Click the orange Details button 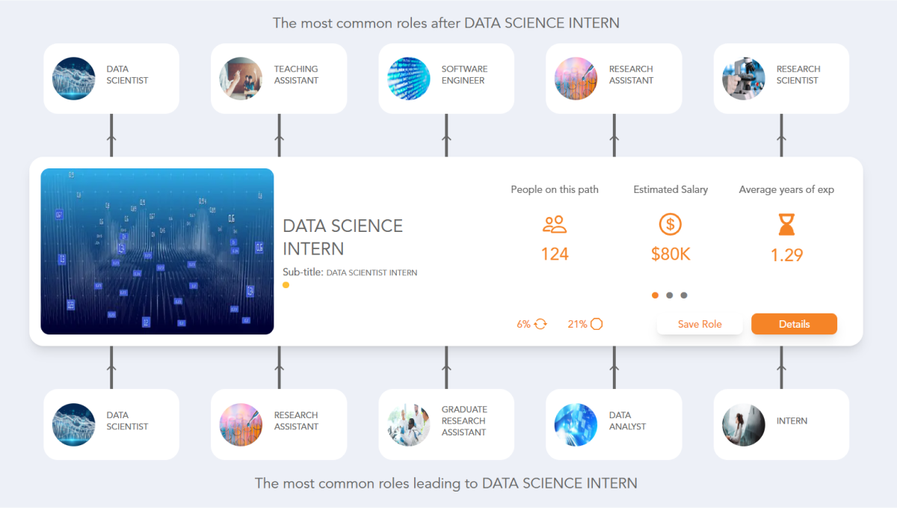tap(794, 324)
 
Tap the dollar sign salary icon tap(671, 224)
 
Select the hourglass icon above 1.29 tap(786, 224)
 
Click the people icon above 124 tap(555, 224)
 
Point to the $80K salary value tap(671, 254)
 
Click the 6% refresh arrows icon tap(541, 324)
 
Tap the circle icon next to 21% tap(597, 324)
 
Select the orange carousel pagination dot tap(656, 295)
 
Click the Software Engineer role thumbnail tap(409, 79)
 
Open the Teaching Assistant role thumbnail tap(241, 79)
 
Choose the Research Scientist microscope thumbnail tap(744, 79)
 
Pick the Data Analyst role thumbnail tap(576, 424)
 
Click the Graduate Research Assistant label tap(463, 420)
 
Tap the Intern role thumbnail tap(744, 424)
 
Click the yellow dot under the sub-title tap(286, 285)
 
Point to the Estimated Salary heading tap(671, 189)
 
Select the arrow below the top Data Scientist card tap(111, 138)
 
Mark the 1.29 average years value tap(786, 255)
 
